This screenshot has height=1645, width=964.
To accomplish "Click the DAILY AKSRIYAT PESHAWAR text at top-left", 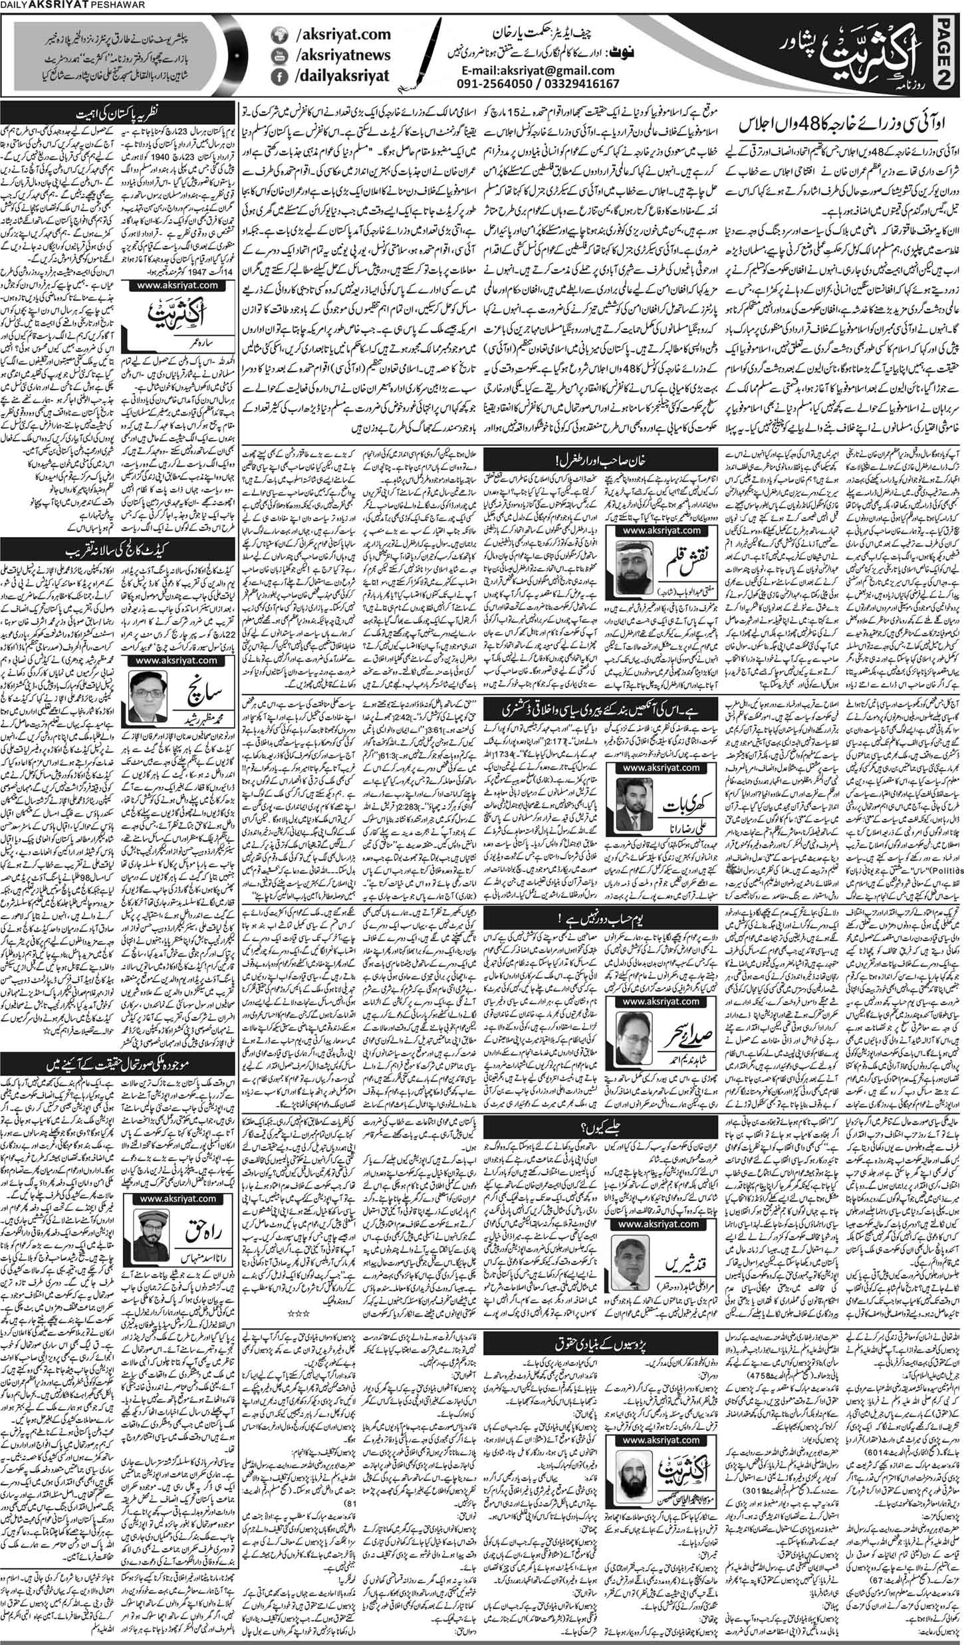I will [x=50, y=8].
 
